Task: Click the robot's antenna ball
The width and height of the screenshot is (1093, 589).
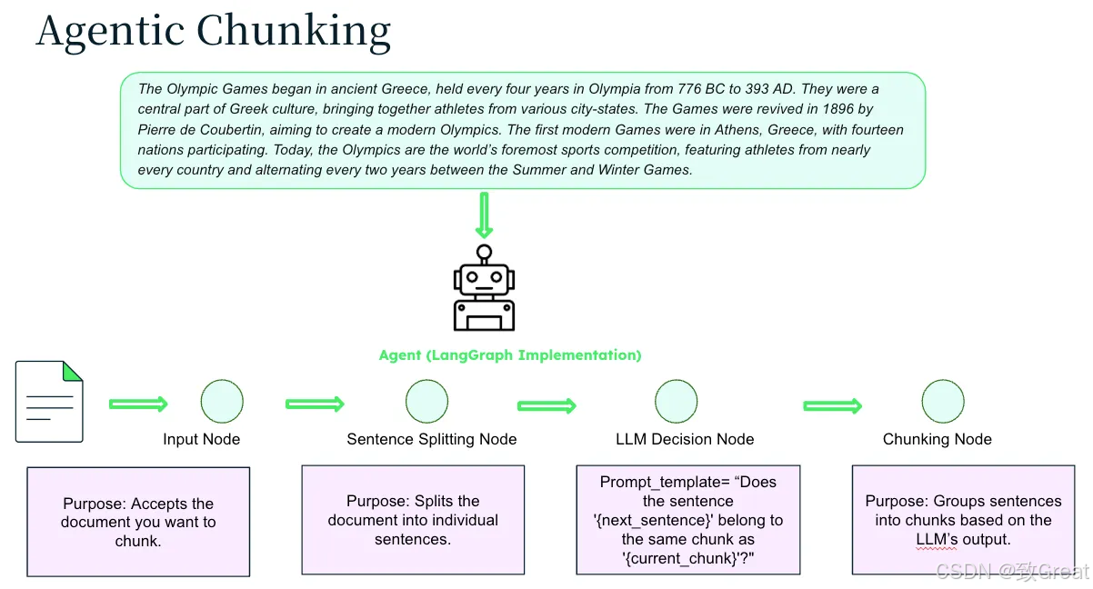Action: (x=484, y=252)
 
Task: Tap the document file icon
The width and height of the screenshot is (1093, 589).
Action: (x=49, y=402)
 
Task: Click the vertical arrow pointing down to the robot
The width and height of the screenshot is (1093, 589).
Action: (x=484, y=215)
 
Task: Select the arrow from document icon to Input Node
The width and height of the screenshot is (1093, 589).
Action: (x=138, y=404)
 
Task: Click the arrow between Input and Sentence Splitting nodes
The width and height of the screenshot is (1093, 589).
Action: (x=316, y=404)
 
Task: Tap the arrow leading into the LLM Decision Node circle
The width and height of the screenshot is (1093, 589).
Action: (x=547, y=405)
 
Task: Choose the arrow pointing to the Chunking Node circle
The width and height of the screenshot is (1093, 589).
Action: (x=833, y=405)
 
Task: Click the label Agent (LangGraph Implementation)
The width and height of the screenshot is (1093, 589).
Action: (x=510, y=355)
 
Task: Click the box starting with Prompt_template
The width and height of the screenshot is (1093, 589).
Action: (x=688, y=520)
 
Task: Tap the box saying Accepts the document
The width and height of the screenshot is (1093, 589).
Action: (x=138, y=522)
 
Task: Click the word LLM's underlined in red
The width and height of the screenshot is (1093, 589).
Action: (x=937, y=539)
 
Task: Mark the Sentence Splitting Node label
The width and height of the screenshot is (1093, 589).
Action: (x=432, y=439)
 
